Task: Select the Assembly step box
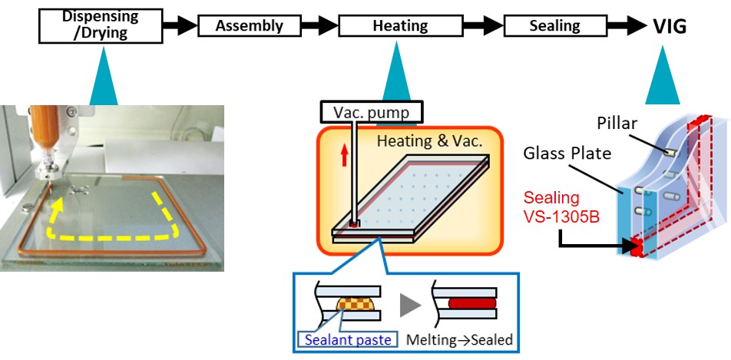coord(249,26)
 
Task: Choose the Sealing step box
coord(554,26)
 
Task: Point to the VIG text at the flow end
coord(670,26)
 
